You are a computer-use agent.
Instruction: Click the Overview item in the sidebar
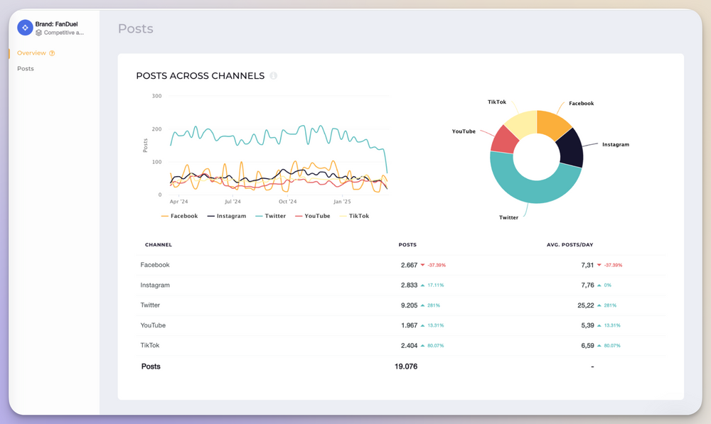click(31, 53)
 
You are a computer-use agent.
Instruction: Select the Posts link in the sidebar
click(26, 69)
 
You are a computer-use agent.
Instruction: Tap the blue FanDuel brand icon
click(25, 28)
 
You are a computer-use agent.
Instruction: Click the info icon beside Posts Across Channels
click(274, 76)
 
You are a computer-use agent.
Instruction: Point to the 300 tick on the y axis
click(156, 96)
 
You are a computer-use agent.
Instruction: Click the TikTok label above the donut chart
click(497, 102)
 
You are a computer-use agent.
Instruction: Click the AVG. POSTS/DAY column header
click(570, 245)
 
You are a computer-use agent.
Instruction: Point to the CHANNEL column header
click(159, 245)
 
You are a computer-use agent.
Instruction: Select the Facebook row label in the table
click(155, 265)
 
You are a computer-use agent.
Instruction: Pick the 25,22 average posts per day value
click(587, 305)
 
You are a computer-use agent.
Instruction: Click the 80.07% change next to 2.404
click(434, 346)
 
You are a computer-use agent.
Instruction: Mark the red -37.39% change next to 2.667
click(436, 265)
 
